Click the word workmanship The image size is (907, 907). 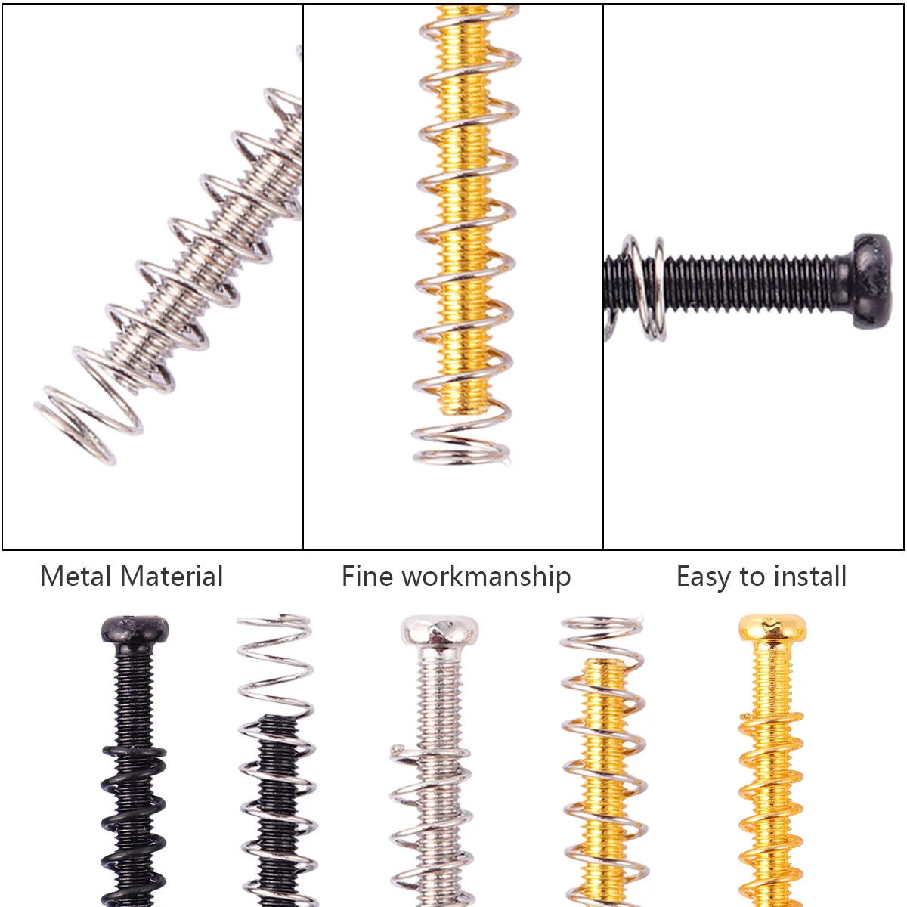pyautogui.click(x=486, y=577)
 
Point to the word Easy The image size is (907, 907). pyautogui.click(x=703, y=577)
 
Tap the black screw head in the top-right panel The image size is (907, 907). pyautogui.click(x=871, y=280)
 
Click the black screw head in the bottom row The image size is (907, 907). pyautogui.click(x=135, y=629)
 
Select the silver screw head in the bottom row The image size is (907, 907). pyautogui.click(x=438, y=630)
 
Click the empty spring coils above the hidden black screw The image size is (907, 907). pyautogui.click(x=274, y=665)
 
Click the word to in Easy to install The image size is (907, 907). pyautogui.click(x=752, y=577)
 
